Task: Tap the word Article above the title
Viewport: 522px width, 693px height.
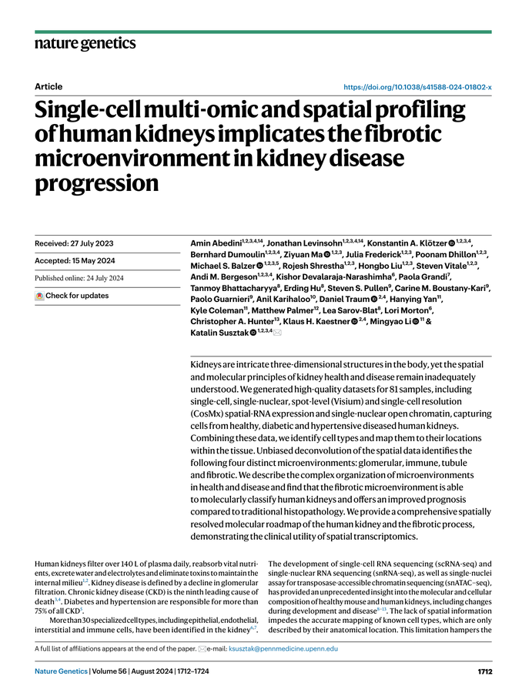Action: [x=49, y=88]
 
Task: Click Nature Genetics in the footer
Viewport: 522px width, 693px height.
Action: [x=60, y=671]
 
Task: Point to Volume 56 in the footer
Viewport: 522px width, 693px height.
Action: [x=113, y=671]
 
